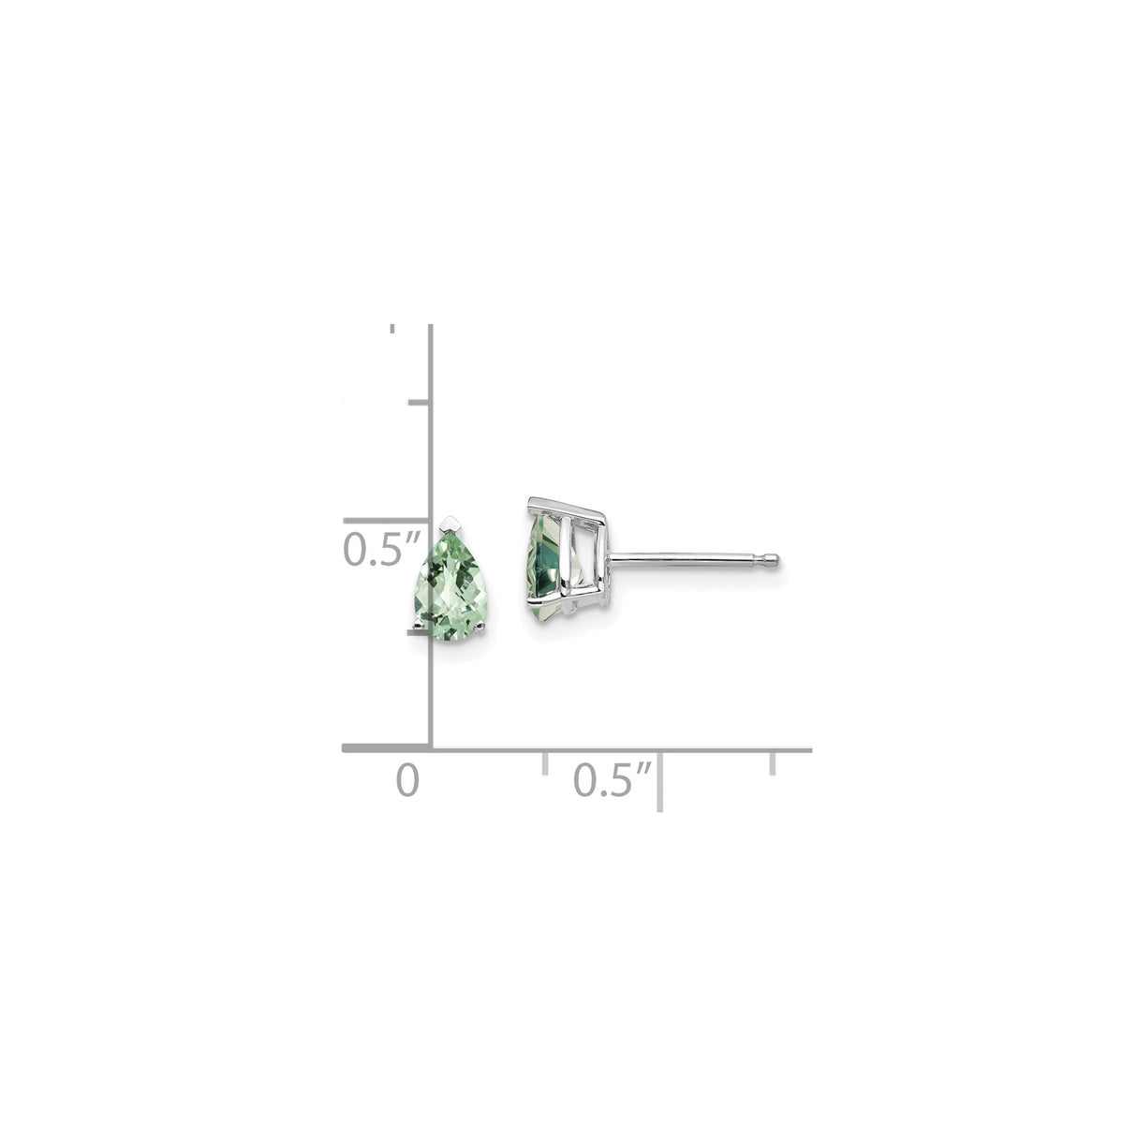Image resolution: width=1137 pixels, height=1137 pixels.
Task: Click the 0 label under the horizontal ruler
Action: click(x=406, y=780)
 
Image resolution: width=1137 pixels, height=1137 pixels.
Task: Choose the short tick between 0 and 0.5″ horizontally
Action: click(x=544, y=761)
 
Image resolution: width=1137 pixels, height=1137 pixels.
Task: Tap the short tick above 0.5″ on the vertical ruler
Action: click(x=418, y=403)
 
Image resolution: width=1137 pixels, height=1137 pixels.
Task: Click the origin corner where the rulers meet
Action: click(x=431, y=748)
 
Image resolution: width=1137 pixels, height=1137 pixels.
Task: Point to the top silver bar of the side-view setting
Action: click(x=568, y=507)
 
